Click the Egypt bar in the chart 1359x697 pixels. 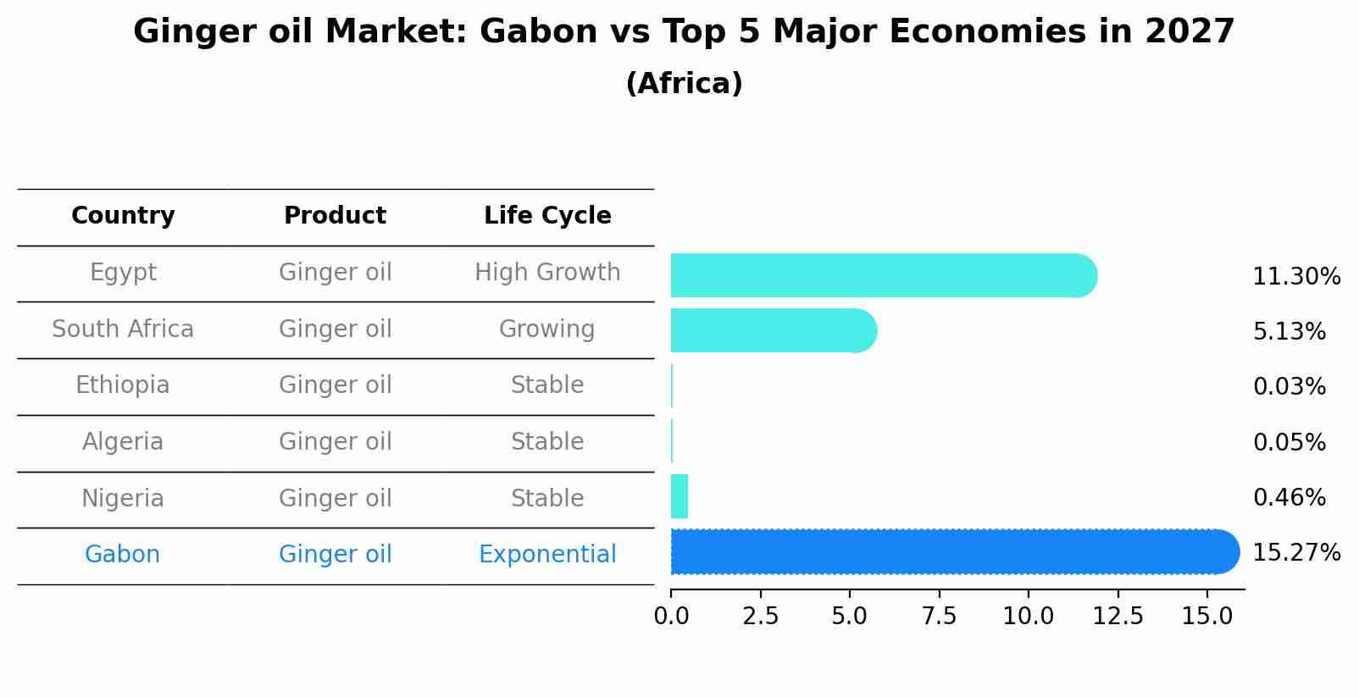[884, 275]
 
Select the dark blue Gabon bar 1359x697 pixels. [955, 551]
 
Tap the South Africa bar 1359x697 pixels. [774, 330]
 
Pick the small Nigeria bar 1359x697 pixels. [679, 496]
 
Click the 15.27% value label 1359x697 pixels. [1296, 553]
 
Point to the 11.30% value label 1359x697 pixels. [1296, 277]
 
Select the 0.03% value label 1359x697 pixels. [1290, 386]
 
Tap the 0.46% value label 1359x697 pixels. [1290, 497]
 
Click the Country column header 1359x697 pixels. [123, 215]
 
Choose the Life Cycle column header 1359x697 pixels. [547, 215]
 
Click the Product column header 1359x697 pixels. [335, 215]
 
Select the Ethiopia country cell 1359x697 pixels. [123, 385]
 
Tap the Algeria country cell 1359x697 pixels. [123, 441]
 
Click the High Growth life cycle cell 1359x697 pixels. [547, 273]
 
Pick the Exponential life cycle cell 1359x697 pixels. [547, 555]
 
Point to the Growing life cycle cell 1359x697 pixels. [546, 329]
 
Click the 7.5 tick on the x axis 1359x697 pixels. [939, 616]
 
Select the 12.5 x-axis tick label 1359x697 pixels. [1118, 616]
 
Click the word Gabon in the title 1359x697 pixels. [539, 31]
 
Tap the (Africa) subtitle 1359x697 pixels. [685, 83]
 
